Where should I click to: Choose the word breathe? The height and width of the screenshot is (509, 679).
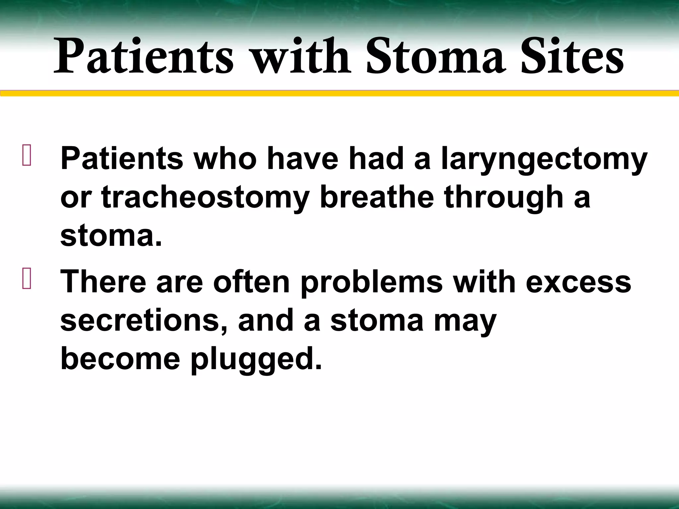click(377, 198)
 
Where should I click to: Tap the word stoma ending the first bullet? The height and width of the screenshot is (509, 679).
click(111, 236)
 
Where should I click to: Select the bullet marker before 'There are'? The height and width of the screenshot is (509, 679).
click(27, 279)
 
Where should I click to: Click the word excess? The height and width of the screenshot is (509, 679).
click(578, 283)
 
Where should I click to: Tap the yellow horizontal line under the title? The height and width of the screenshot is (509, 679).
click(339, 93)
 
